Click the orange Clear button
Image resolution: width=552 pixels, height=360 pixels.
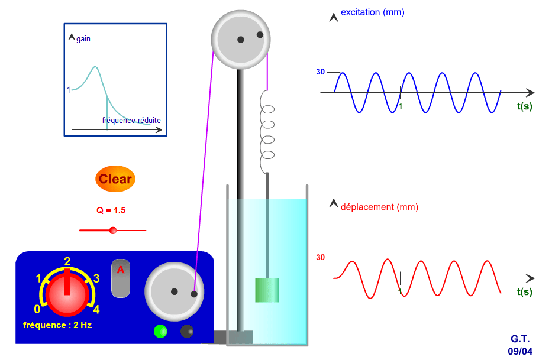pos(115,179)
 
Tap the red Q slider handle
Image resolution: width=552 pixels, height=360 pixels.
pos(113,230)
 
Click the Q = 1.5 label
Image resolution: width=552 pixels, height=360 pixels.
pos(111,210)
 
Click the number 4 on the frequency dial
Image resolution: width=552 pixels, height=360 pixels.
pos(96,309)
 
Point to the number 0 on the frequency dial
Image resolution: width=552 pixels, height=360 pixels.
pos(37,309)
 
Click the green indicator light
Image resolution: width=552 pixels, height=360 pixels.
pos(160,331)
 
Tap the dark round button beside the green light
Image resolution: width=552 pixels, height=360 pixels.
pos(187,331)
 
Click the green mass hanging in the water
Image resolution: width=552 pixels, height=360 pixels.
pos(267,290)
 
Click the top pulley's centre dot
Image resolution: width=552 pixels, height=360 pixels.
pos(241,40)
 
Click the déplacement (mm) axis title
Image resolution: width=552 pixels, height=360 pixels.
pos(379,207)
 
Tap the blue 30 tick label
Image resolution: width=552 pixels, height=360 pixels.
pos(320,72)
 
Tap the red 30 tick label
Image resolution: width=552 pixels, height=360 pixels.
pos(320,257)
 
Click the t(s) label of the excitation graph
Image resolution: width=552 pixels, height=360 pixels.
pos(524,107)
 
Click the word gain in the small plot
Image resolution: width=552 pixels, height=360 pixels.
pos(83,39)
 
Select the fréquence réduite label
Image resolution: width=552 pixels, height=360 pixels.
pos(131,120)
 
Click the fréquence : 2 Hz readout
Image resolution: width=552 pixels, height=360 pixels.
pos(57,325)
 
